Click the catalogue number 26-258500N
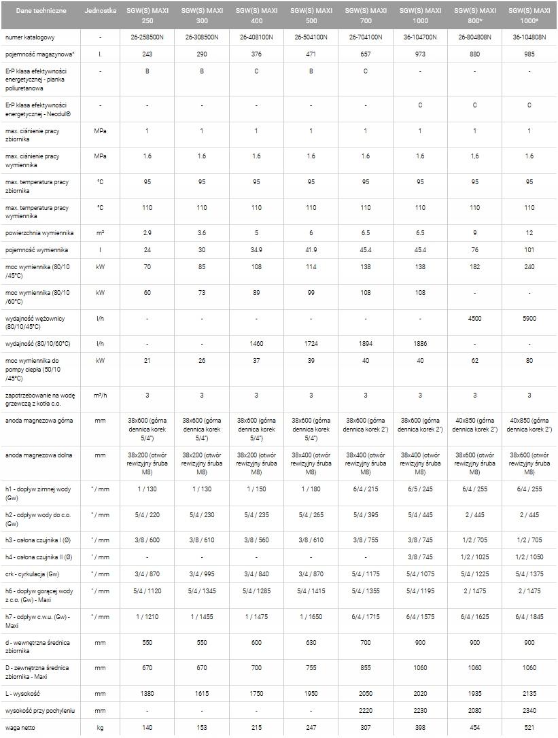tap(147, 37)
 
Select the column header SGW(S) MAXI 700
tap(365, 16)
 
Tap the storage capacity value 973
tap(420, 54)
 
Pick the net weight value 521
tap(529, 728)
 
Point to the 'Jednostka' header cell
tap(101, 12)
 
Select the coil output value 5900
tap(529, 318)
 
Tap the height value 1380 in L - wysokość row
tap(147, 694)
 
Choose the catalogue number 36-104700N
tap(420, 37)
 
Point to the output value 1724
tap(311, 344)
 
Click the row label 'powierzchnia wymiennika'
tap(39, 233)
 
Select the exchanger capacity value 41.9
tap(311, 250)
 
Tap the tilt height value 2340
tap(529, 711)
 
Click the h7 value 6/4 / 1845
tap(529, 617)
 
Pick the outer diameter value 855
tap(365, 668)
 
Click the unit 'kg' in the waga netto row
tap(101, 728)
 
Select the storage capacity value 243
tap(147, 54)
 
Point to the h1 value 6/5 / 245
tap(420, 489)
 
